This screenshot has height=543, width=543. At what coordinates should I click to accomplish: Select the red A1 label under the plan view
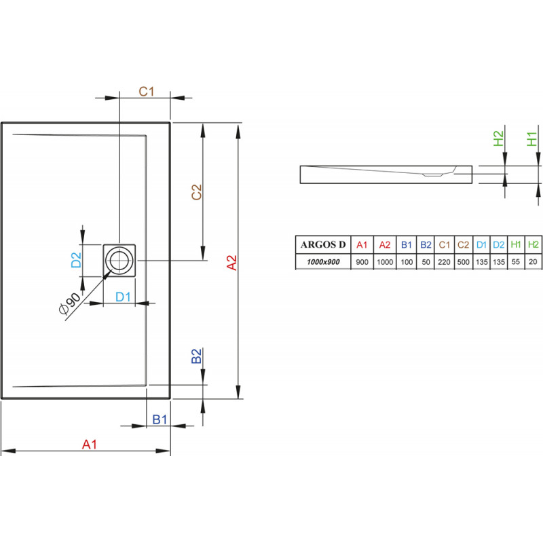tap(90, 445)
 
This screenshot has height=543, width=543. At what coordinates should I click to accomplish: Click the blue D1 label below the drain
tap(123, 296)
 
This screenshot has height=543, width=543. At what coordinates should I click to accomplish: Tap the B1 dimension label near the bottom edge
tap(159, 419)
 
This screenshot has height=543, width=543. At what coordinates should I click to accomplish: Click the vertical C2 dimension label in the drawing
tap(196, 193)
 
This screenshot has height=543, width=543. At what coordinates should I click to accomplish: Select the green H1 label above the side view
tap(533, 140)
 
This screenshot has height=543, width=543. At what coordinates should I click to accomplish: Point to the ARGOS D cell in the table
tap(322, 244)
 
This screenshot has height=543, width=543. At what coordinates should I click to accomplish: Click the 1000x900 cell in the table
tap(322, 262)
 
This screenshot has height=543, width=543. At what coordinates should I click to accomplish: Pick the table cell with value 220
tap(445, 262)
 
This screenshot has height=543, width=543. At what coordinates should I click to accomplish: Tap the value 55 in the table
tap(516, 262)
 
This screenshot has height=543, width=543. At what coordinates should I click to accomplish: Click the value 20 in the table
tap(533, 262)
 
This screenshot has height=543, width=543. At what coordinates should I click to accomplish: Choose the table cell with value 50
tap(426, 262)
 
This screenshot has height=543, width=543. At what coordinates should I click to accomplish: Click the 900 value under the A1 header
tap(362, 262)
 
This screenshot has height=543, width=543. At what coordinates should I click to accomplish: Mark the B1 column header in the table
tap(406, 244)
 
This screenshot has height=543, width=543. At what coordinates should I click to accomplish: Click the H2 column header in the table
tap(533, 244)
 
